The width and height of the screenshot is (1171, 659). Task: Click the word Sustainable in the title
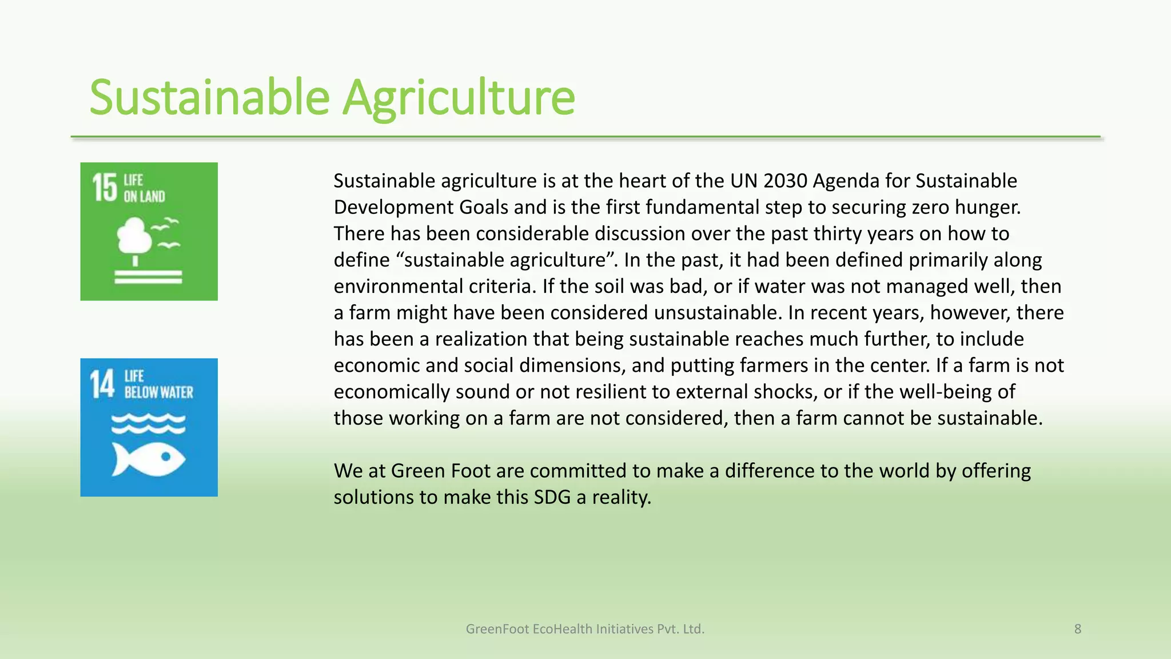tap(210, 97)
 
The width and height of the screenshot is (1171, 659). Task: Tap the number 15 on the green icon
tap(105, 188)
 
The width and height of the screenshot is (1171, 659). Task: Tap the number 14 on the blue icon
tap(102, 384)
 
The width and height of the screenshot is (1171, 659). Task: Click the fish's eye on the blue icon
tap(166, 456)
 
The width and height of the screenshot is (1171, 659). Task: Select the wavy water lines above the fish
tap(148, 424)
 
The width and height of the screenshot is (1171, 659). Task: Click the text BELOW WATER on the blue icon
tap(159, 392)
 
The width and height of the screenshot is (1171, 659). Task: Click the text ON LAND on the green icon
tap(144, 197)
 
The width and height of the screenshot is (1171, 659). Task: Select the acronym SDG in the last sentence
tap(552, 497)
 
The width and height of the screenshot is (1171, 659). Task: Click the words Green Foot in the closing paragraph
tap(440, 470)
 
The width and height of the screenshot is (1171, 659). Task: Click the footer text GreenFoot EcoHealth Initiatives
tap(584, 629)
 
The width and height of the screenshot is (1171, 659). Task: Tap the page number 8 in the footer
tap(1077, 629)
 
